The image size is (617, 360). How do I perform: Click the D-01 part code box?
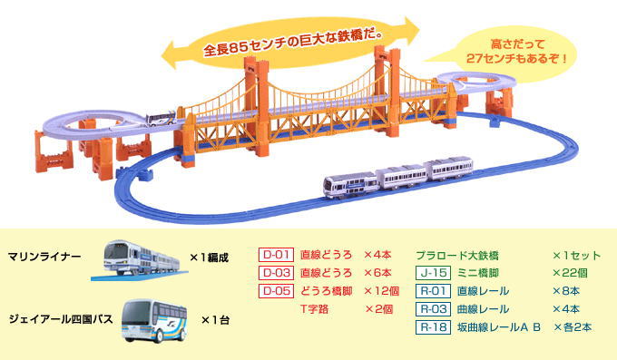click(275, 256)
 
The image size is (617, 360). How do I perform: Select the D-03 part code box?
click(275, 273)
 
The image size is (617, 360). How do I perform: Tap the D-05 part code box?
click(275, 291)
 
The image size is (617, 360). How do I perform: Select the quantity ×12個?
click(382, 291)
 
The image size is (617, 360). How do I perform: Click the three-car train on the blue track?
click(399, 178)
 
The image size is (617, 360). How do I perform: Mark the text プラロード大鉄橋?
click(464, 256)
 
